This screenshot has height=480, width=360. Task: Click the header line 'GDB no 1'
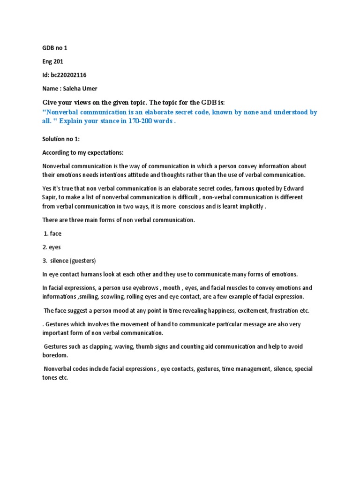click(x=55, y=47)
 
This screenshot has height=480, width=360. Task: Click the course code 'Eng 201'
click(x=52, y=61)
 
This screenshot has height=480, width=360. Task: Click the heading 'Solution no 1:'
click(x=61, y=139)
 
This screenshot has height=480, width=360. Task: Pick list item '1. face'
click(x=53, y=233)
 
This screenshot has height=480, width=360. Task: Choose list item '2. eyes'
click(x=52, y=247)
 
